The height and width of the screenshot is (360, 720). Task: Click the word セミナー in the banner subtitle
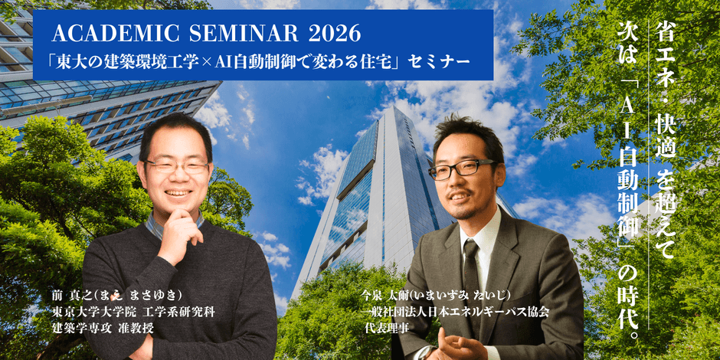coord(442,61)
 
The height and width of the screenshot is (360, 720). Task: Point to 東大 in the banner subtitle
coord(70,61)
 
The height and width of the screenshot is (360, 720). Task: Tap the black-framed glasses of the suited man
coord(460,169)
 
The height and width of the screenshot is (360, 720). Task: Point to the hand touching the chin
coord(181,232)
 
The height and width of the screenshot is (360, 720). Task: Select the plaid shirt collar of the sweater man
coord(175,225)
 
